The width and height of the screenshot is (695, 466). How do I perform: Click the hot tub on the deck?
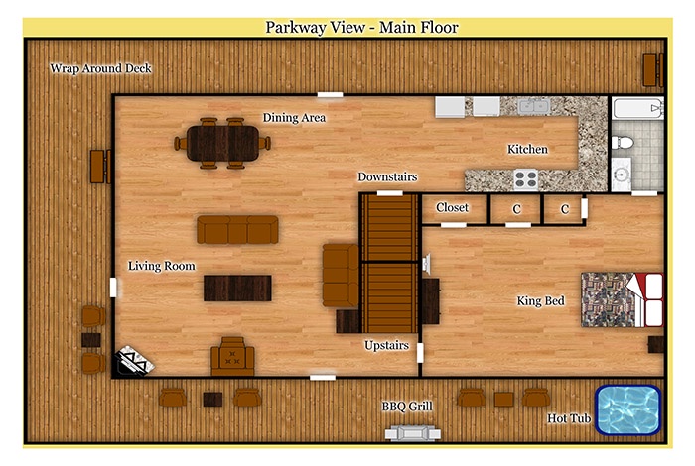(628, 409)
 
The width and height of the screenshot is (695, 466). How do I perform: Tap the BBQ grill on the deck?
(413, 432)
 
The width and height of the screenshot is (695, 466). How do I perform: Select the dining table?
(222, 144)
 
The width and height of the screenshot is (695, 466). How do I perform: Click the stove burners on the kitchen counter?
(526, 179)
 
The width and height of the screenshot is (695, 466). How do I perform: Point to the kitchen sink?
(534, 106)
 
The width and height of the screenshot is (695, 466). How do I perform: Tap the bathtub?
(637, 108)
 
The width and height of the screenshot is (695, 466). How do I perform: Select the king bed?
(623, 299)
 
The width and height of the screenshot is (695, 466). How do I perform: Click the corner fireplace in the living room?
(134, 360)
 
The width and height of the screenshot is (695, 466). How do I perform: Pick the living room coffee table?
(237, 289)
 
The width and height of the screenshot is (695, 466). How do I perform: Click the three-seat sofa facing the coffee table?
(237, 229)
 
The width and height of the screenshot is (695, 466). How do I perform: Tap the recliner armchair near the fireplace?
(232, 356)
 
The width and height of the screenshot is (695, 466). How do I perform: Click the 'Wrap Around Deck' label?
(100, 68)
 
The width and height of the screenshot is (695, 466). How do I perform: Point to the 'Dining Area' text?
(294, 118)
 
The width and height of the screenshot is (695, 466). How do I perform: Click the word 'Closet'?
(452, 207)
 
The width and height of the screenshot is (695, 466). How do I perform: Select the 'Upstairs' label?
(386, 345)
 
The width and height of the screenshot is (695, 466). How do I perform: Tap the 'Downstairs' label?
(387, 177)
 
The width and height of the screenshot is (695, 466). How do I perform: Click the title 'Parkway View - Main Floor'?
(361, 28)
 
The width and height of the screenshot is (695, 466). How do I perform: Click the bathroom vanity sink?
(622, 175)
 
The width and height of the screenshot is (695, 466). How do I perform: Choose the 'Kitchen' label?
(527, 149)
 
